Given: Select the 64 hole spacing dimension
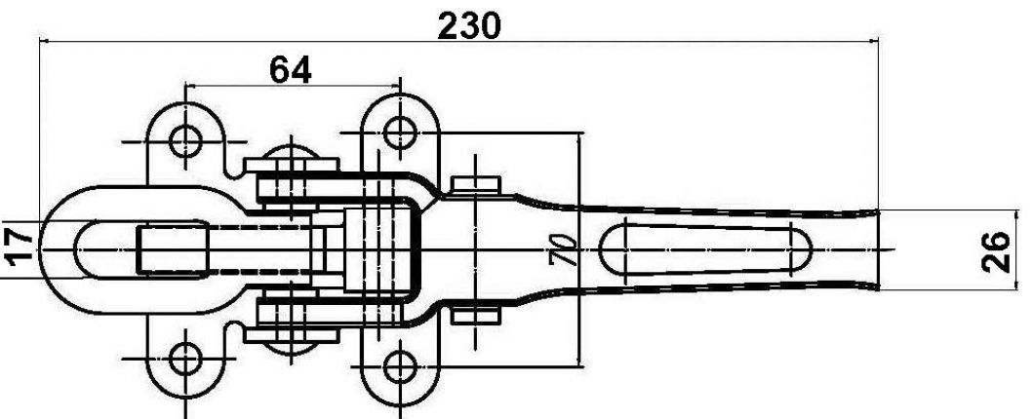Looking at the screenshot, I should point(290,70).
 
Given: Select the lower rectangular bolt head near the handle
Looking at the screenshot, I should point(476,315).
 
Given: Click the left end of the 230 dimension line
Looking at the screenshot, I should point(40,41).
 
